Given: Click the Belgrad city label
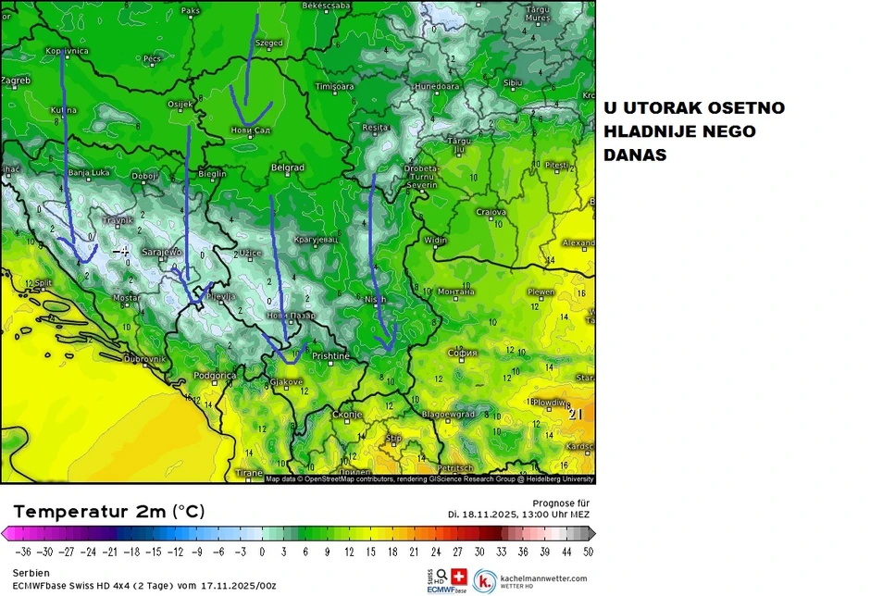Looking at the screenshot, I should (288, 168).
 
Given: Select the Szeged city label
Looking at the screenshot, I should (269, 43).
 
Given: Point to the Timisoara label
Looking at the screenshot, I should (335, 86).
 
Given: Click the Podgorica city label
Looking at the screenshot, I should (215, 375).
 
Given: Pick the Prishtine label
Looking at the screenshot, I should (330, 355).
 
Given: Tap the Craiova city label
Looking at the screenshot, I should (491, 212).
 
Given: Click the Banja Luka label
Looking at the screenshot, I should (90, 172).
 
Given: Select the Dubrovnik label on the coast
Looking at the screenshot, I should (143, 358).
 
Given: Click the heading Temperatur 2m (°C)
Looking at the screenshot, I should (109, 512).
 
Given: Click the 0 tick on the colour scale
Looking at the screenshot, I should (262, 552).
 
